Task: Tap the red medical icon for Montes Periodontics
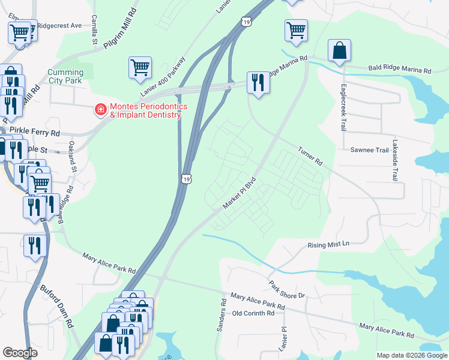100,110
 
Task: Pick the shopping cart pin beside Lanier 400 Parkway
140,68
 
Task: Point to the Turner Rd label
310,155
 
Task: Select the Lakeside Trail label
394,161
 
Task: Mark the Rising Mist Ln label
328,245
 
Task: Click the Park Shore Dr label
288,289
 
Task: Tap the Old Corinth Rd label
253,313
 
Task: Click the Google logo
20,353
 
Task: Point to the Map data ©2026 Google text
412,355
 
